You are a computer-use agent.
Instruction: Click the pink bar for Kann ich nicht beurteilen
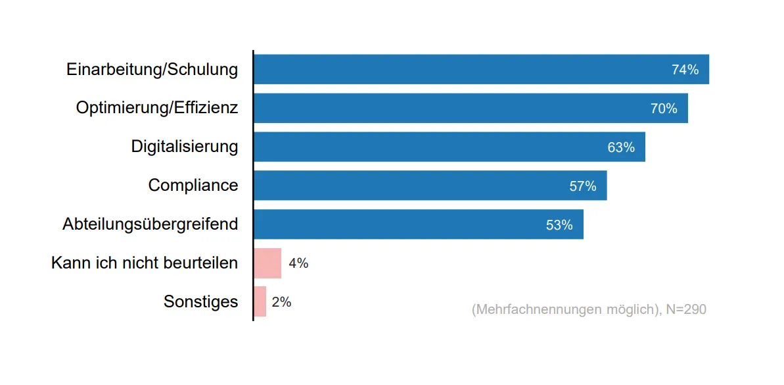(x=267, y=263)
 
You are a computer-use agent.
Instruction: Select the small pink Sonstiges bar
(x=260, y=301)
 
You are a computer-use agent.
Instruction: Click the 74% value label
(x=685, y=70)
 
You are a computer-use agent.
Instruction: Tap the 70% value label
(x=664, y=109)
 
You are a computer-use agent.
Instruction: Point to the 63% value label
(x=621, y=147)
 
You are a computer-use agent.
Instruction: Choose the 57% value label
(x=583, y=186)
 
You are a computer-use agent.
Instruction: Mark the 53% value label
(x=559, y=225)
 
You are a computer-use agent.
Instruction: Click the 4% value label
(x=298, y=263)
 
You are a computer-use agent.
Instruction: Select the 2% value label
(x=281, y=302)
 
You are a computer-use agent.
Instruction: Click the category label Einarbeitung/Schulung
(x=152, y=70)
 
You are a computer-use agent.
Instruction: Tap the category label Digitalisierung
(x=185, y=146)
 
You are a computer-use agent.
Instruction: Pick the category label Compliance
(x=193, y=185)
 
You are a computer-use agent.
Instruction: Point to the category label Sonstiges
(x=200, y=301)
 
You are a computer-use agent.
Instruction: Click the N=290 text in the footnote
(x=685, y=309)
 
